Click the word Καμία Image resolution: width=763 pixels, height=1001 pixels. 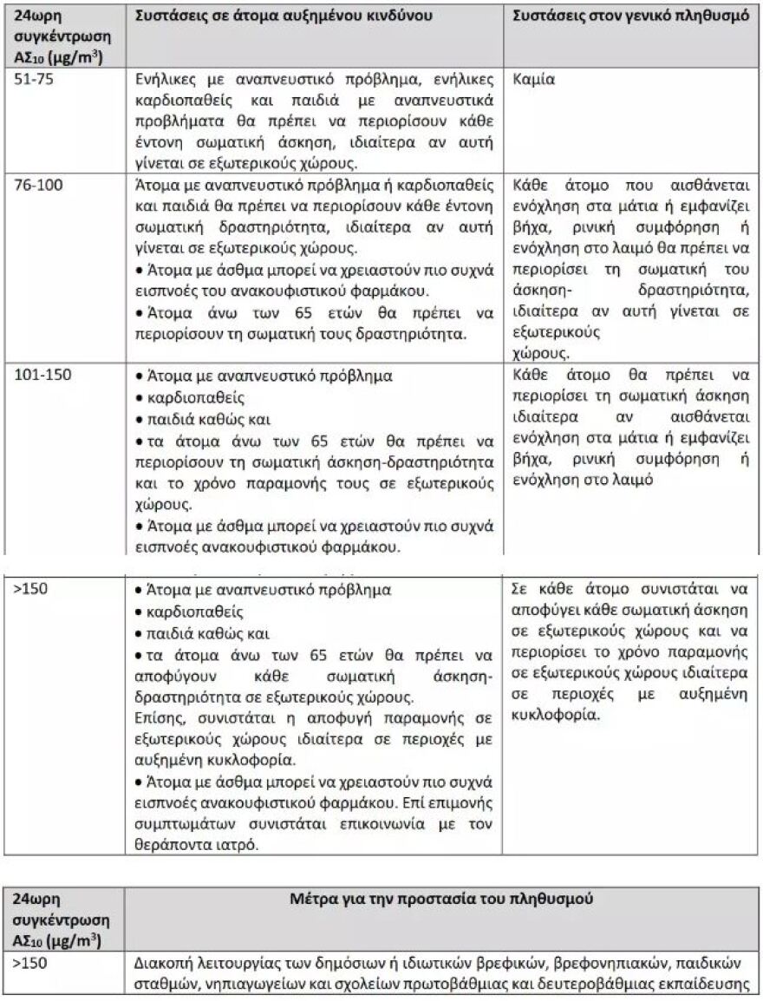534,79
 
